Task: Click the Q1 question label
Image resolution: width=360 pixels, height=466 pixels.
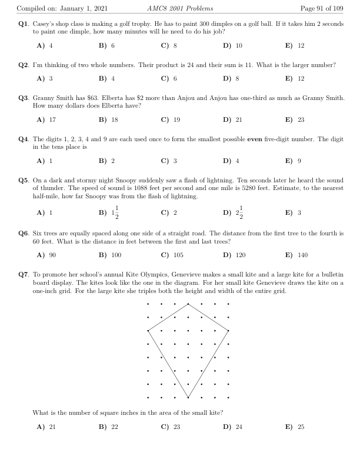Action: (x=24, y=25)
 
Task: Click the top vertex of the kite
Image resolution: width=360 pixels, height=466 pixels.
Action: (x=188, y=304)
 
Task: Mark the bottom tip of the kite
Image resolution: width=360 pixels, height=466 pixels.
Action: (x=188, y=397)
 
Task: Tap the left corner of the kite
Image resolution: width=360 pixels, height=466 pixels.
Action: (x=148, y=330)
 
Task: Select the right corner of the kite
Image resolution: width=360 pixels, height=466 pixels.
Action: (x=228, y=330)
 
